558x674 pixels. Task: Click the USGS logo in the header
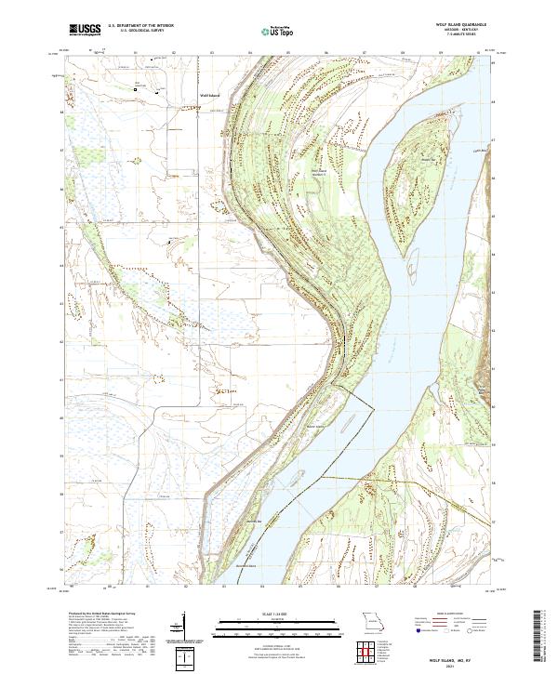[x=85, y=31]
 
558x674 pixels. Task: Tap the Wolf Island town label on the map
[x=209, y=94]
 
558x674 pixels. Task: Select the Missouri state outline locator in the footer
[x=372, y=620]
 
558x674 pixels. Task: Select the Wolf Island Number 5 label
[x=318, y=172]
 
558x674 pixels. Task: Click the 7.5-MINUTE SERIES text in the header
[x=468, y=34]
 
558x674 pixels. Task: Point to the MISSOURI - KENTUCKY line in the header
[x=468, y=30]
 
